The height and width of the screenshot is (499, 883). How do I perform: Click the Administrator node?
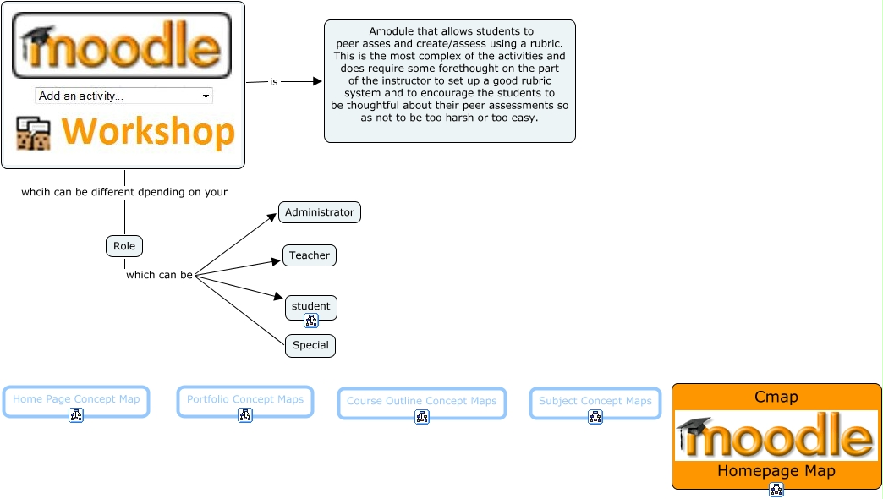click(x=320, y=212)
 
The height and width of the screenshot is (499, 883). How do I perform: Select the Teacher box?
click(x=310, y=255)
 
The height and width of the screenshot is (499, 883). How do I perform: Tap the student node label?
click(x=311, y=306)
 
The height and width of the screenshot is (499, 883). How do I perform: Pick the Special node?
click(x=310, y=345)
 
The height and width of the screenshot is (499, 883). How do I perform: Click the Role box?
click(x=124, y=246)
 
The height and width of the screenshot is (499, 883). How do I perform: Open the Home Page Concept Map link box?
click(x=76, y=402)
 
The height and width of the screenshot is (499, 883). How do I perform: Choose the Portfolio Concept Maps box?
click(x=245, y=402)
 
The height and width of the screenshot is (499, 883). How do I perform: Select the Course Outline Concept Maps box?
click(x=422, y=403)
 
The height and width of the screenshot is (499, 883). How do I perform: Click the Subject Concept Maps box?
click(x=595, y=403)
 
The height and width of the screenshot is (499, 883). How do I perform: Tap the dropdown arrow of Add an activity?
click(x=206, y=96)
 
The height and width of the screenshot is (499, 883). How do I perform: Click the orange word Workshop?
click(x=148, y=132)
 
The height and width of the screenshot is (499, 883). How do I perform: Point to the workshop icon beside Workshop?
click(x=33, y=134)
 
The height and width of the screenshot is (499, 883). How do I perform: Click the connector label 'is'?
click(x=274, y=82)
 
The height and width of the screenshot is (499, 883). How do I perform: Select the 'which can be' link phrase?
click(x=159, y=275)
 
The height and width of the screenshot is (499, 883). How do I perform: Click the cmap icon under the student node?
click(x=311, y=321)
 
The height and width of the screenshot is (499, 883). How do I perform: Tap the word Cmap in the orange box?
click(x=776, y=397)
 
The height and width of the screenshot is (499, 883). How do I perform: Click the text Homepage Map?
click(x=776, y=471)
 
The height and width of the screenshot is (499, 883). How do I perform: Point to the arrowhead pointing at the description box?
click(x=318, y=82)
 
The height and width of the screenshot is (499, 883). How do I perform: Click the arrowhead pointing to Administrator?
click(x=272, y=217)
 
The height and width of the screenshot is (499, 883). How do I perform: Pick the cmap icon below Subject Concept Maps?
click(x=595, y=417)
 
